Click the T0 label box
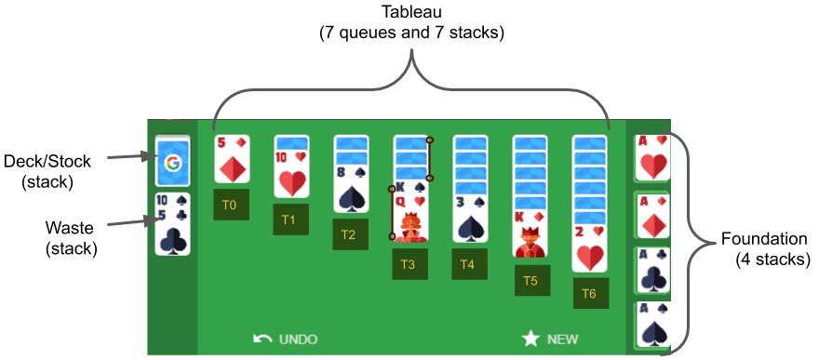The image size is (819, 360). point(230,205)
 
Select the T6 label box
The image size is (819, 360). point(589,292)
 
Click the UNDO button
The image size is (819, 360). point(286,339)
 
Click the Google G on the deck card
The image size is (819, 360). point(172,164)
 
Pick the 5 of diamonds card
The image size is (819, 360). point(231,160)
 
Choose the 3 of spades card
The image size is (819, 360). point(470,220)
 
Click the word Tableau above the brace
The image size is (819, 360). point(410,13)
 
